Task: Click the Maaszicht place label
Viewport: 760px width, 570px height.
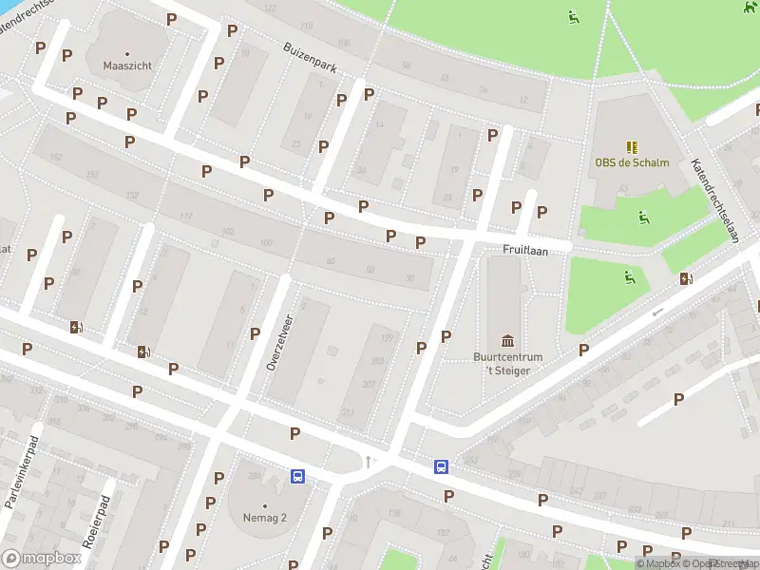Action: click(126, 66)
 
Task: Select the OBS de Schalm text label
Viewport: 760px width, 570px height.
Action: click(632, 162)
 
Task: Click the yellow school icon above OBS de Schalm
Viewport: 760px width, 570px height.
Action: click(632, 146)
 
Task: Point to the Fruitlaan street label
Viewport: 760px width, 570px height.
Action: click(523, 250)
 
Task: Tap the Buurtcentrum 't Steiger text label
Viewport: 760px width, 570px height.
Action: click(507, 364)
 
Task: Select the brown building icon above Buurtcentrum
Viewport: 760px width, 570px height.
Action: click(507, 341)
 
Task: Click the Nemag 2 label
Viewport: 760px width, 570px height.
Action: click(264, 518)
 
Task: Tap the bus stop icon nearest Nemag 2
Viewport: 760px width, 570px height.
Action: click(297, 477)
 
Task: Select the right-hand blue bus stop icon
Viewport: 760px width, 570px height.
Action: click(442, 466)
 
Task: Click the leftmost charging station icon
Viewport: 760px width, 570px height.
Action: click(76, 328)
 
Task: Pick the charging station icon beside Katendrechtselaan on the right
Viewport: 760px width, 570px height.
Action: click(686, 278)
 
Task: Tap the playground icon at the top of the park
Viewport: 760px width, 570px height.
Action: click(574, 16)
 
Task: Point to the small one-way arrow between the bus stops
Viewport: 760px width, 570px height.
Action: click(370, 462)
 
